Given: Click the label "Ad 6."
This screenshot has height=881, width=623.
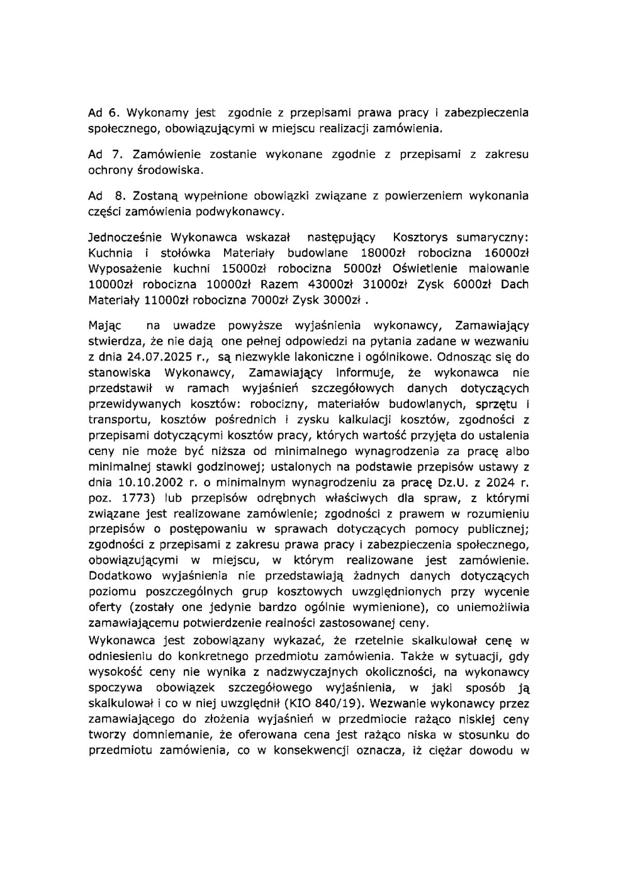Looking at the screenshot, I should tap(103, 113).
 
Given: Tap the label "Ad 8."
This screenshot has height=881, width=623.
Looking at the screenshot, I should tap(104, 196).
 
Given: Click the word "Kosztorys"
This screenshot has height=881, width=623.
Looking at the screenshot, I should tap(419, 237).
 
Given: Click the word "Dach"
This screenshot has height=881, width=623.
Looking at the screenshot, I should tap(514, 284).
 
